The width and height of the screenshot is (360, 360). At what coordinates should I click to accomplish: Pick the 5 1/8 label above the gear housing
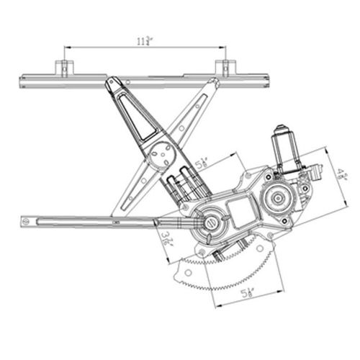click(x=202, y=164)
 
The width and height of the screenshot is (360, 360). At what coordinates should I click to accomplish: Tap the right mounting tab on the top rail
click(x=225, y=68)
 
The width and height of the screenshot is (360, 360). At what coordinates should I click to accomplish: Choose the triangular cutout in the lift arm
click(x=139, y=114)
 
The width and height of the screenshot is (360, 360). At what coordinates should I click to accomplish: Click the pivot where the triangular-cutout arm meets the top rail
click(x=113, y=84)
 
